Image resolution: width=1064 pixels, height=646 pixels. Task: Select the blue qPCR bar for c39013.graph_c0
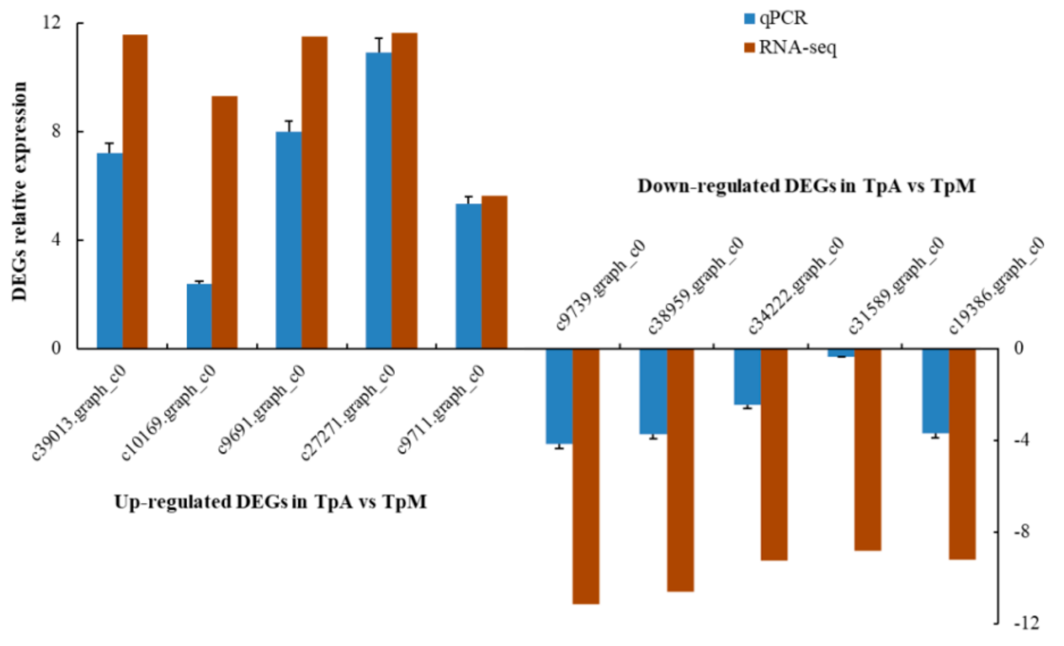110,250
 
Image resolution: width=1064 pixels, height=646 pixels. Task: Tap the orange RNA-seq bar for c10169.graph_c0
224,222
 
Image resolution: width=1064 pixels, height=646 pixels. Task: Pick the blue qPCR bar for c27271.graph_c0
378,200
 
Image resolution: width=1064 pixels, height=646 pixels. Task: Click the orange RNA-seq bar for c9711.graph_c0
494,272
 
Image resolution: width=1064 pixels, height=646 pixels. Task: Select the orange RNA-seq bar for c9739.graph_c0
586,476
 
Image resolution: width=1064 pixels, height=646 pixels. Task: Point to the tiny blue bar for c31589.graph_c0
841,353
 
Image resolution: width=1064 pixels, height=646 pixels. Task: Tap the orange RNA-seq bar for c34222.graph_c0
775,454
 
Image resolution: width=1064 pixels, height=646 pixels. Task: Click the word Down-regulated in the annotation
708,186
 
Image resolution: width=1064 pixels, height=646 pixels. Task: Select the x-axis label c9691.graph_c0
261,409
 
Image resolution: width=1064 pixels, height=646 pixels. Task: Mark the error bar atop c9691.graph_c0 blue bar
289,126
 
